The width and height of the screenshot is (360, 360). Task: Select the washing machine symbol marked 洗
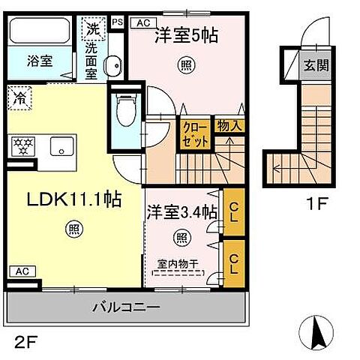pos(91,31)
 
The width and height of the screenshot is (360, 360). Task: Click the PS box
pos(117,22)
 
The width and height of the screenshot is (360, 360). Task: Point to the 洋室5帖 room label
pos(187,34)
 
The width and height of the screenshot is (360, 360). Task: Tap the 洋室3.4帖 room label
pos(182,212)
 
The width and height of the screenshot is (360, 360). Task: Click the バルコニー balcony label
pos(126,307)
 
